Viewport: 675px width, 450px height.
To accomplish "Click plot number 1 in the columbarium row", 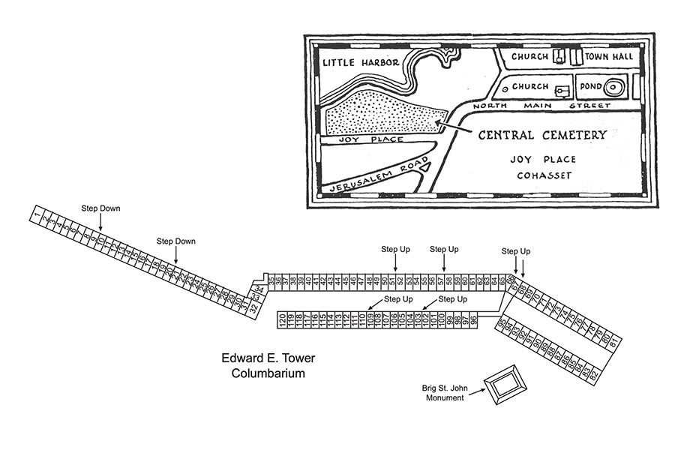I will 36,217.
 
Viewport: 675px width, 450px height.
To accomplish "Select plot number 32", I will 254,307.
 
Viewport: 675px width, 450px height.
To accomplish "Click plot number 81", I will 613,342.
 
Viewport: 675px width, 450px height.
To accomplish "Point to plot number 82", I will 594,373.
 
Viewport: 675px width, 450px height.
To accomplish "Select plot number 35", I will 271,280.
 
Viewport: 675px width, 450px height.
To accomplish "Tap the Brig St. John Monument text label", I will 445,392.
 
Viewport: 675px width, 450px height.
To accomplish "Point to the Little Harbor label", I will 360,63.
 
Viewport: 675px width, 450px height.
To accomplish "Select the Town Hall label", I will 610,56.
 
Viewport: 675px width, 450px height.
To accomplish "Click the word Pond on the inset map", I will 588,87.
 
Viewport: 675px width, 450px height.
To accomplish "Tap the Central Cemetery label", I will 542,135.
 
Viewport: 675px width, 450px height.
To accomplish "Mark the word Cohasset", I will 544,175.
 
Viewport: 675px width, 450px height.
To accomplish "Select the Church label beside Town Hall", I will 529,56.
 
